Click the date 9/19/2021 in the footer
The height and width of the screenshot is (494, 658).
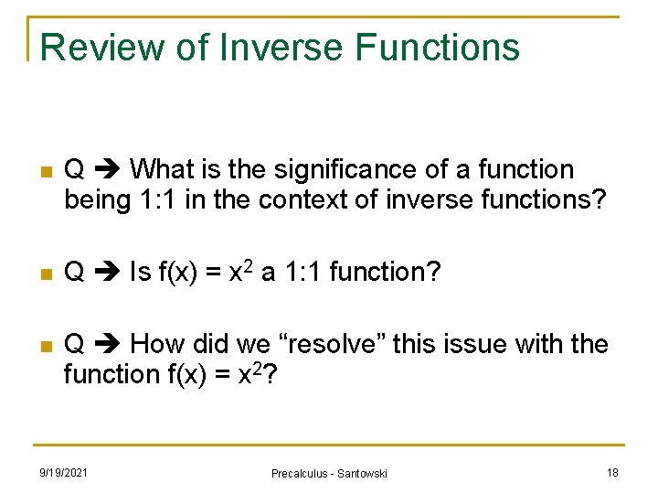click(64, 472)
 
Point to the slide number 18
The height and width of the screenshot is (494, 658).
click(611, 472)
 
